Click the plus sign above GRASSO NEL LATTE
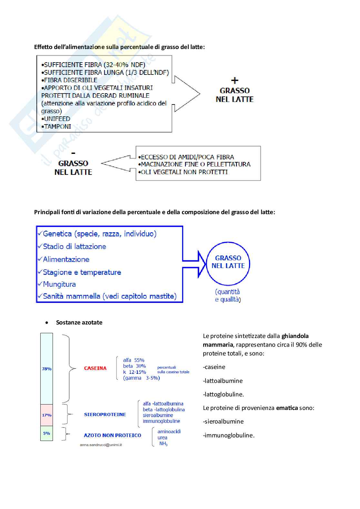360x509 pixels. [x=235, y=80]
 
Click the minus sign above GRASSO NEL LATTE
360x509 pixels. [x=73, y=153]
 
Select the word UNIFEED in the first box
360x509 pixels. [x=57, y=119]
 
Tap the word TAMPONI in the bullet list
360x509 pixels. [x=57, y=126]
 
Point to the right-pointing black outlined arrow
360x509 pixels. [x=187, y=94]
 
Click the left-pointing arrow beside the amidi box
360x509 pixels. [x=116, y=163]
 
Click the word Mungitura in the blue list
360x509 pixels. [x=59, y=284]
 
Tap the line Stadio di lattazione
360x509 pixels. [x=74, y=246]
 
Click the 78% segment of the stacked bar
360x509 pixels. [x=46, y=369]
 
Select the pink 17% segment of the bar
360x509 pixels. [x=46, y=415]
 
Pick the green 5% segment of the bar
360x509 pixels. [x=46, y=433]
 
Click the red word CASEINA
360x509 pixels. [x=95, y=368]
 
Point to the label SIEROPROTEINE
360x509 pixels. [x=105, y=414]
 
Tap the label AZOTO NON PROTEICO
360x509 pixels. [x=112, y=435]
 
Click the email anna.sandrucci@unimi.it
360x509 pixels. [x=101, y=445]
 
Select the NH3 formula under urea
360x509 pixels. [x=163, y=444]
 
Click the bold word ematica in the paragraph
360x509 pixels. [x=287, y=408]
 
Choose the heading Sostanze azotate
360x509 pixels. [x=79, y=322]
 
